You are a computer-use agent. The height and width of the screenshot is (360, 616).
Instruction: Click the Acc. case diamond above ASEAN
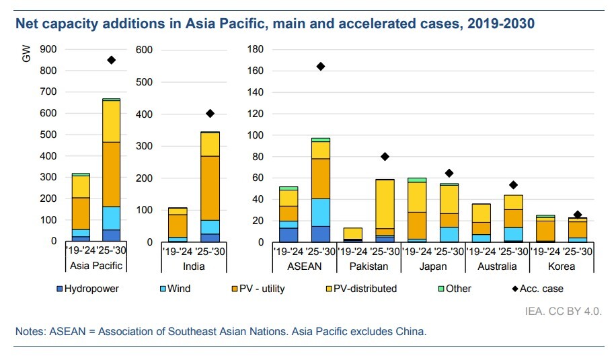click(x=321, y=66)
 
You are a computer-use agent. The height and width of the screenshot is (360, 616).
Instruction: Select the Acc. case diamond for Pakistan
click(x=385, y=157)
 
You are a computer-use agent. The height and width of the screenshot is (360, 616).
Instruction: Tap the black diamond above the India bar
click(x=210, y=113)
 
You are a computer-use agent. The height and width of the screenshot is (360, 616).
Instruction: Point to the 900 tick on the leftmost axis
click(x=48, y=49)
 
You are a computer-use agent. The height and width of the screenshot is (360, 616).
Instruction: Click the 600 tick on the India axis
click(x=145, y=50)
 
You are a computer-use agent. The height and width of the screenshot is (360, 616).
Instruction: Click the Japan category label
click(x=433, y=266)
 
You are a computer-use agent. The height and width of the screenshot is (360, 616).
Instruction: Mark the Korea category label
click(x=562, y=266)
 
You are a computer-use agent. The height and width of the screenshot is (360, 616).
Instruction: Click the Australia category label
click(x=497, y=266)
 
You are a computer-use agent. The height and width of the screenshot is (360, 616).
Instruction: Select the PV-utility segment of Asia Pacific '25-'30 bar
click(x=111, y=174)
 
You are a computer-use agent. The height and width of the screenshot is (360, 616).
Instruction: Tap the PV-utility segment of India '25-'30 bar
click(x=210, y=188)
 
